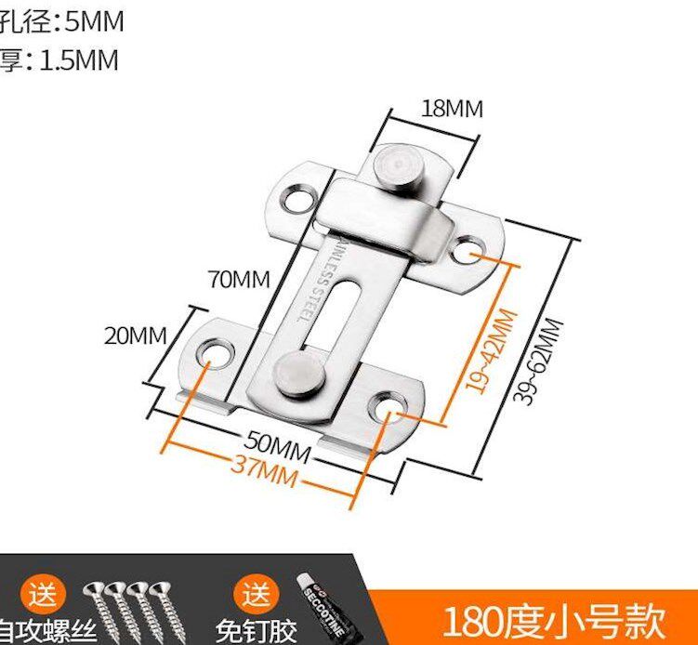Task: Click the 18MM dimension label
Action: click(x=452, y=108)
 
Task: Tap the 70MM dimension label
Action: click(x=239, y=279)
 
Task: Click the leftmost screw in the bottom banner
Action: click(x=99, y=604)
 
